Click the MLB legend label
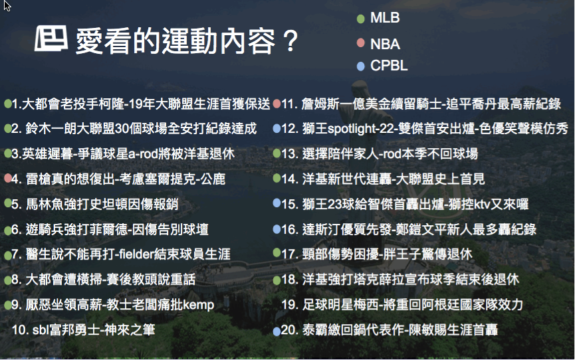(385, 17)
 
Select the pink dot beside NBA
(360, 43)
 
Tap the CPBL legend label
(389, 66)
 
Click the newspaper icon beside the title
(51, 38)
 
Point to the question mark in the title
(290, 41)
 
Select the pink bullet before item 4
(8, 178)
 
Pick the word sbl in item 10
(41, 329)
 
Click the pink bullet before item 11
(277, 104)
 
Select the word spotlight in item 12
(350, 129)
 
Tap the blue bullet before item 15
(277, 203)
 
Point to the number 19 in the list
(289, 305)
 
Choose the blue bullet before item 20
(277, 331)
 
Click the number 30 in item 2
(122, 129)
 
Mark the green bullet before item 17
(277, 252)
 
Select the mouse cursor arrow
(7, 5)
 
